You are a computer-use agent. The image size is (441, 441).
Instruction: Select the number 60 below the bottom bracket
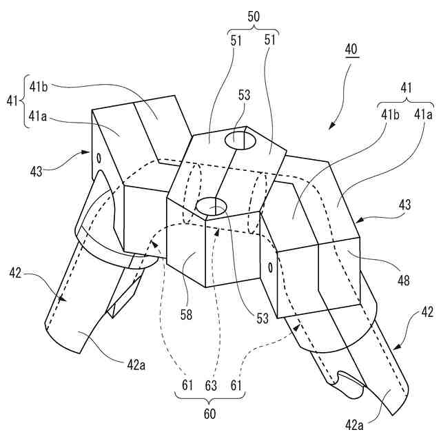click(209, 413)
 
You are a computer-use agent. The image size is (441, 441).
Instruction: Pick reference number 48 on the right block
click(383, 280)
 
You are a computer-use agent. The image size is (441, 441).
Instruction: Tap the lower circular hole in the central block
click(213, 205)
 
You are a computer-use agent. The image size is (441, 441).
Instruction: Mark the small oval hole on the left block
click(100, 157)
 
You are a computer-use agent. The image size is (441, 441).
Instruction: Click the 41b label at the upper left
click(40, 86)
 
